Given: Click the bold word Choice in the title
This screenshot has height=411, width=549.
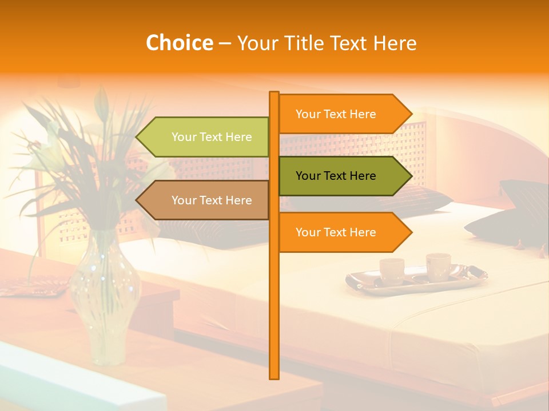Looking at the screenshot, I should pos(179,43).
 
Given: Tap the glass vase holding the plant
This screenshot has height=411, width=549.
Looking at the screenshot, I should pos(106,303).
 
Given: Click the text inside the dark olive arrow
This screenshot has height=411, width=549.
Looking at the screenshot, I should pos(336,176).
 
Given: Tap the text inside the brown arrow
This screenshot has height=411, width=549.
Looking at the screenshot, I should pos(212,200).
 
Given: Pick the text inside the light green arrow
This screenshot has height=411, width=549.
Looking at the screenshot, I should pos(212,137).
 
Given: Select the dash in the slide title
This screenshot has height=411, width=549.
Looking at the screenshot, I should pos(225,43).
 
